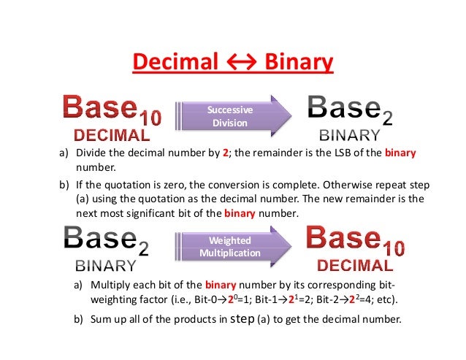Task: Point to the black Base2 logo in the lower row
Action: pos(106,241)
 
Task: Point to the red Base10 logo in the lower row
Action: pos(355,240)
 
